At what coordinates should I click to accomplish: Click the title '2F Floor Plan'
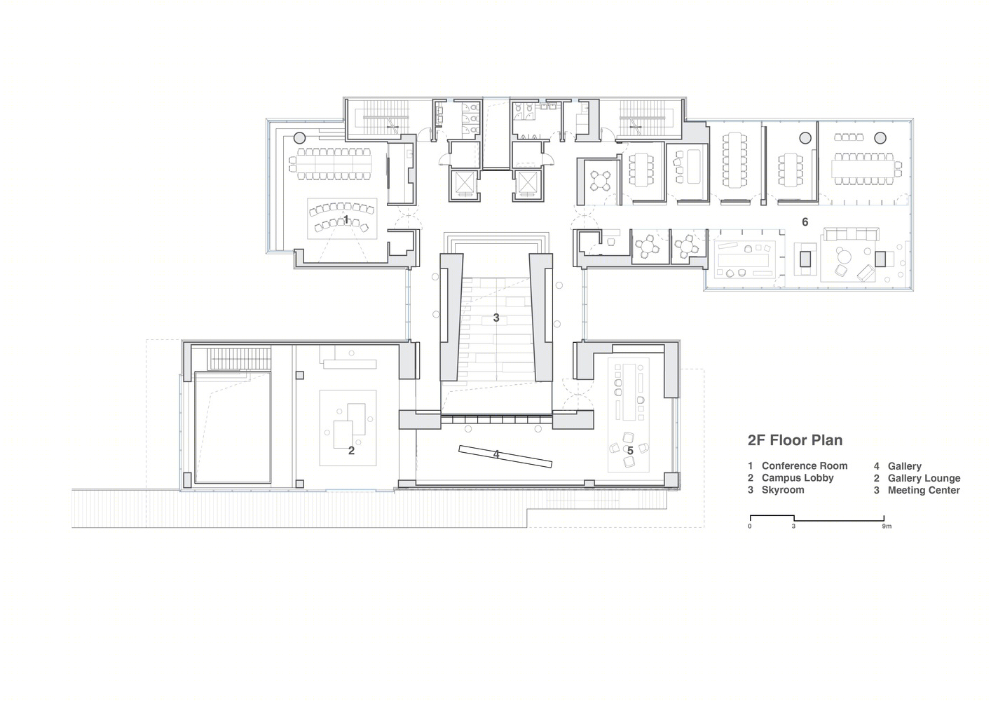tap(795, 440)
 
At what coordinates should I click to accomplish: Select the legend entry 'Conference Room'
tap(805, 465)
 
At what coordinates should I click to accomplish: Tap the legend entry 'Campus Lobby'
tap(798, 478)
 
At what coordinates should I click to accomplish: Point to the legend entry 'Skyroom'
tap(783, 490)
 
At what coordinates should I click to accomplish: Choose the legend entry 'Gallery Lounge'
tap(924, 478)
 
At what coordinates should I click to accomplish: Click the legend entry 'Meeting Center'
tap(924, 490)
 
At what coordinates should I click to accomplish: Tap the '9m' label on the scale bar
tap(887, 526)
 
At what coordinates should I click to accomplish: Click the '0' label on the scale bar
tap(749, 526)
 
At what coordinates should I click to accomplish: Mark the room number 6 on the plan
tap(805, 222)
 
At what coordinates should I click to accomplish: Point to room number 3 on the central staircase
tap(496, 318)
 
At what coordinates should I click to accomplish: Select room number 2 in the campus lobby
tap(351, 451)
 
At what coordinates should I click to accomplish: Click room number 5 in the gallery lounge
tap(630, 451)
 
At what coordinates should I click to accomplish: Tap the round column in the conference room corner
tap(299, 137)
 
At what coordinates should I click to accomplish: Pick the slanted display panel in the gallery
tap(505, 456)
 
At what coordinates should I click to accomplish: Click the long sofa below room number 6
tap(852, 233)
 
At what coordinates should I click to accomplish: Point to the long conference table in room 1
tap(334, 164)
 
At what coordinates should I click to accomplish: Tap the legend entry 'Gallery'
tap(904, 466)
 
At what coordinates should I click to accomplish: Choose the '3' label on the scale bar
tap(793, 526)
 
